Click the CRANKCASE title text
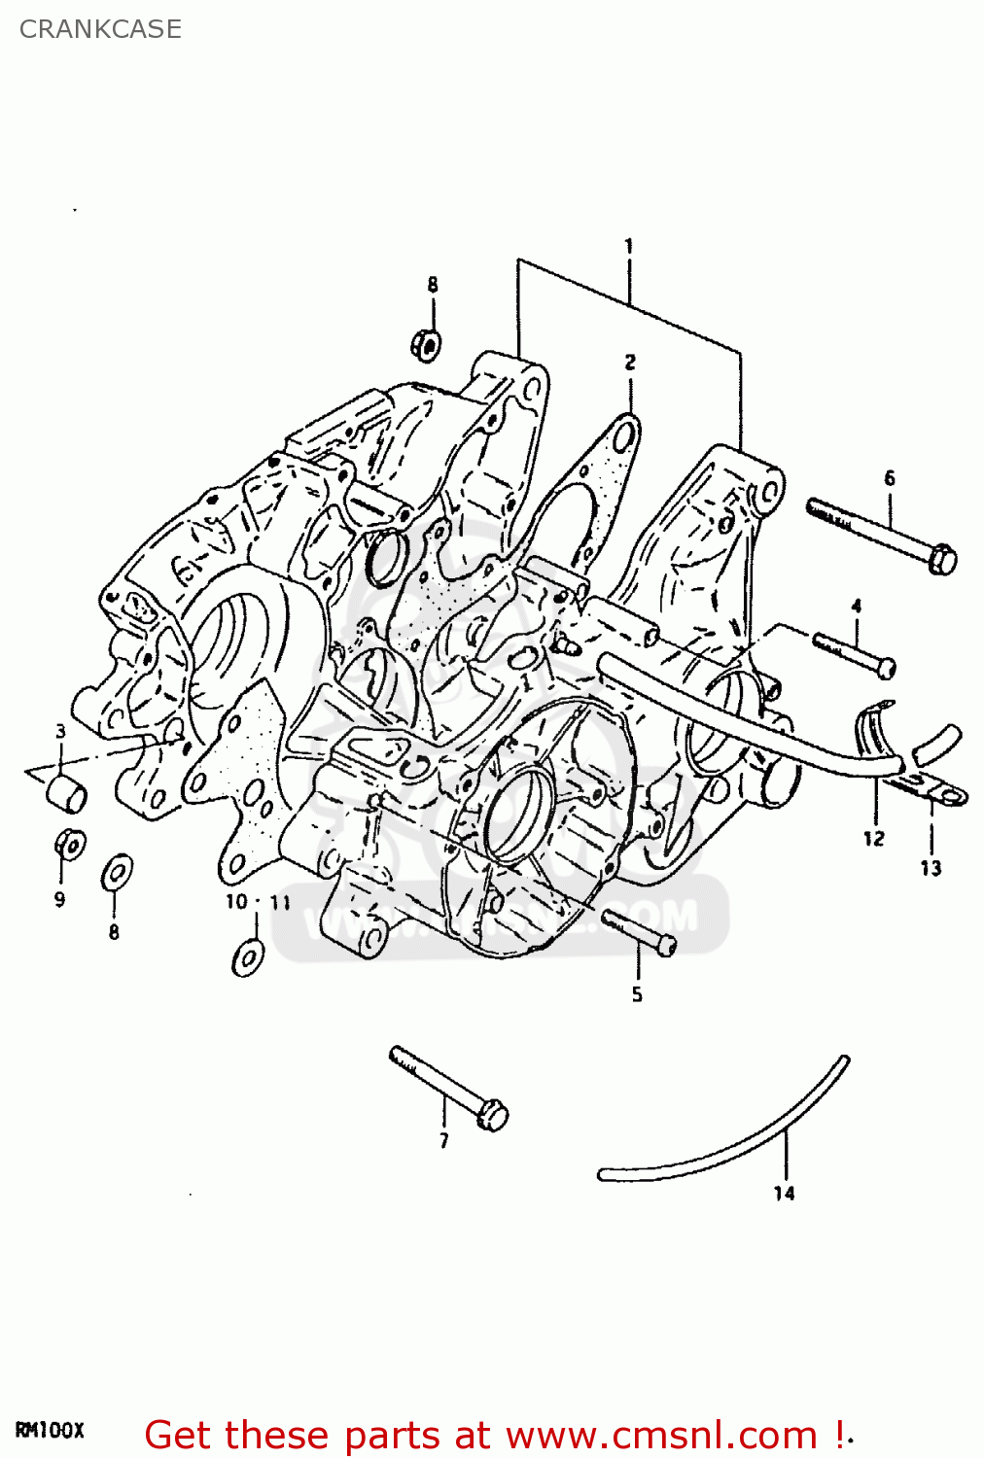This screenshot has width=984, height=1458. coord(100,29)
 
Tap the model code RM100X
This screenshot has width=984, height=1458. coord(50,1431)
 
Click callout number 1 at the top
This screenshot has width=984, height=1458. coord(629,246)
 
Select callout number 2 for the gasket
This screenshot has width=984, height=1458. coord(630,363)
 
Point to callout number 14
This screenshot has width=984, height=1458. coord(784,1193)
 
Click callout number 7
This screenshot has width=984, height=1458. coord(444,1141)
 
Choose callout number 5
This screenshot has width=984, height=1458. coord(637,994)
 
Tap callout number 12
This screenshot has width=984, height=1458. coord(873,838)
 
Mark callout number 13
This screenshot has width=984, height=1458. coord(931,868)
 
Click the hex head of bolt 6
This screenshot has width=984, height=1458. coord(942,560)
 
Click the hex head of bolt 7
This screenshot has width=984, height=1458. coord(493,1115)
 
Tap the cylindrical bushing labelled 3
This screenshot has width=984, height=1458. coord(67,792)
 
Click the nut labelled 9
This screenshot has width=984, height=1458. coord(69,844)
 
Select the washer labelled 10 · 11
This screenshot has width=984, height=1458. coord(248,956)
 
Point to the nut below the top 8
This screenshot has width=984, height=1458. coord(426,343)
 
